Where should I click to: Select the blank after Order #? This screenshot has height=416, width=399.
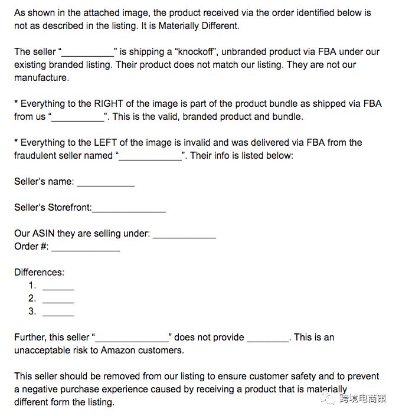tap(86, 248)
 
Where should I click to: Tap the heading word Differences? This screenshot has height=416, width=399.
tap(39, 272)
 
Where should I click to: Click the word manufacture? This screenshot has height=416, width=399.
tap(41, 77)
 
